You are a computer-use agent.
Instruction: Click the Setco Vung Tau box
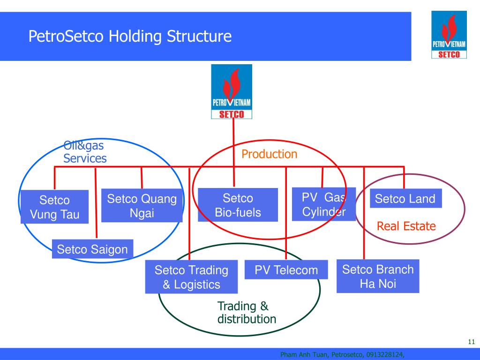(x=54, y=207)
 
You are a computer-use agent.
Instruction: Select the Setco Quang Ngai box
(x=142, y=206)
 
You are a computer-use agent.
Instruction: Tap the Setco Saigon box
(x=92, y=249)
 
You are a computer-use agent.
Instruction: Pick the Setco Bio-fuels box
(x=238, y=205)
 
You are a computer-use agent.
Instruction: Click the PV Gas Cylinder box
(x=324, y=204)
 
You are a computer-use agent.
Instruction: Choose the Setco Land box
(x=405, y=199)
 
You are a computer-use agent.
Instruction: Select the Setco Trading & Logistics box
(x=191, y=277)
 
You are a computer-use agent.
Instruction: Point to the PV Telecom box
(x=286, y=270)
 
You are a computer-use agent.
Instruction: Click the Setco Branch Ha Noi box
(x=378, y=276)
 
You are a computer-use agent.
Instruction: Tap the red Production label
(x=270, y=154)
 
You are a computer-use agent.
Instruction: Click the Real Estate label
(x=406, y=226)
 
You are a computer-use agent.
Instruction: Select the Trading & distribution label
(x=247, y=313)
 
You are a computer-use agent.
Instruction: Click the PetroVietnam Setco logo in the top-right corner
(x=449, y=36)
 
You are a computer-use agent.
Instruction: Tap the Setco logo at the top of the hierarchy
(x=232, y=92)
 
